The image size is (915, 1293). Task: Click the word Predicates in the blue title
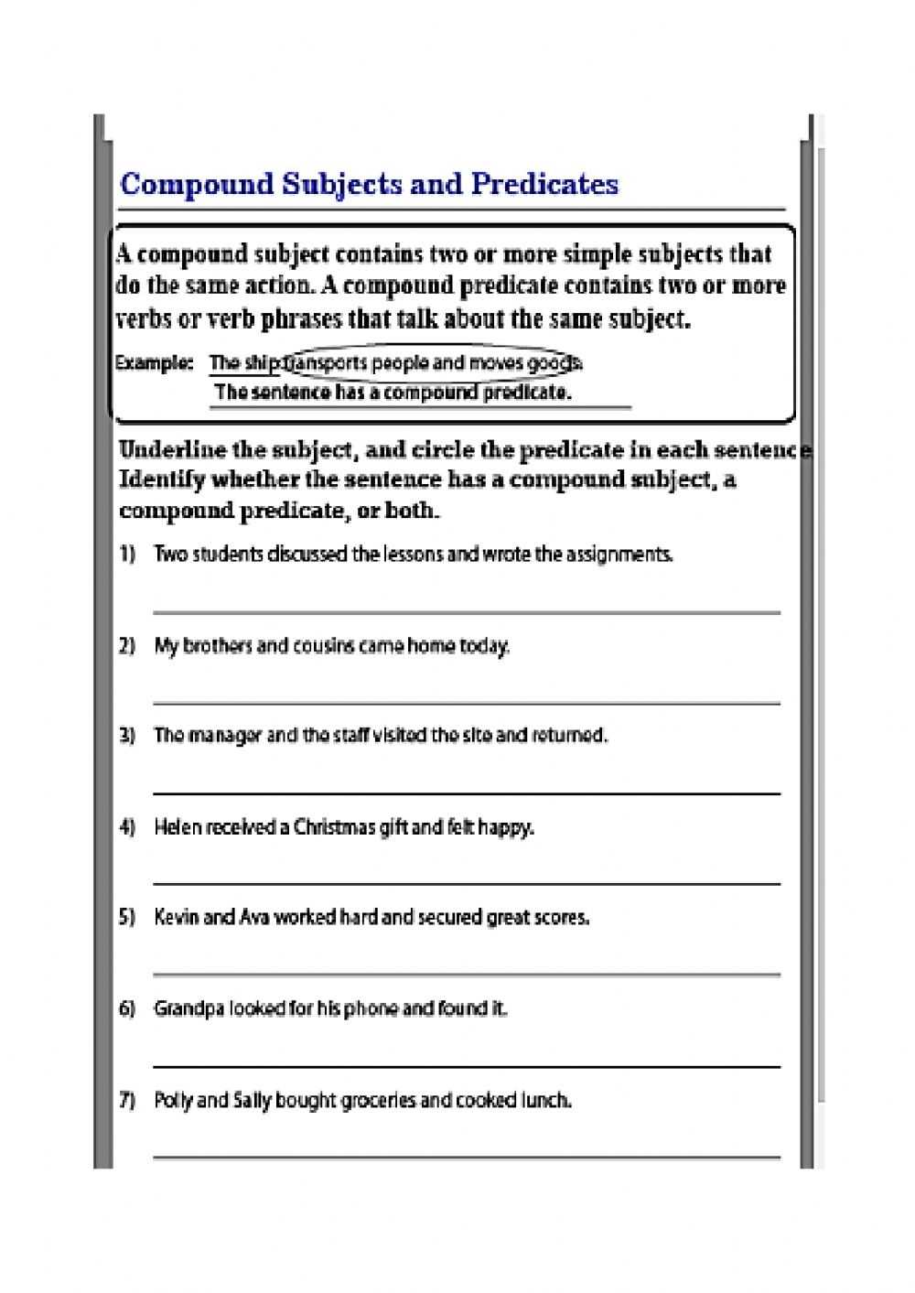544,184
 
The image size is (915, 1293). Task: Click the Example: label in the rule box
153,363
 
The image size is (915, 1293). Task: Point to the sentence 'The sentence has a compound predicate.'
393,393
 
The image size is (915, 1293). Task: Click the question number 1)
127,554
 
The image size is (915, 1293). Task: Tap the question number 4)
127,827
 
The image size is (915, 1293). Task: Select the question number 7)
127,1100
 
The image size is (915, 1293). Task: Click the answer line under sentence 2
467,703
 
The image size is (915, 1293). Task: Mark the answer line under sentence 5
467,975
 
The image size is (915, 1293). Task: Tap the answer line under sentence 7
467,1157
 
